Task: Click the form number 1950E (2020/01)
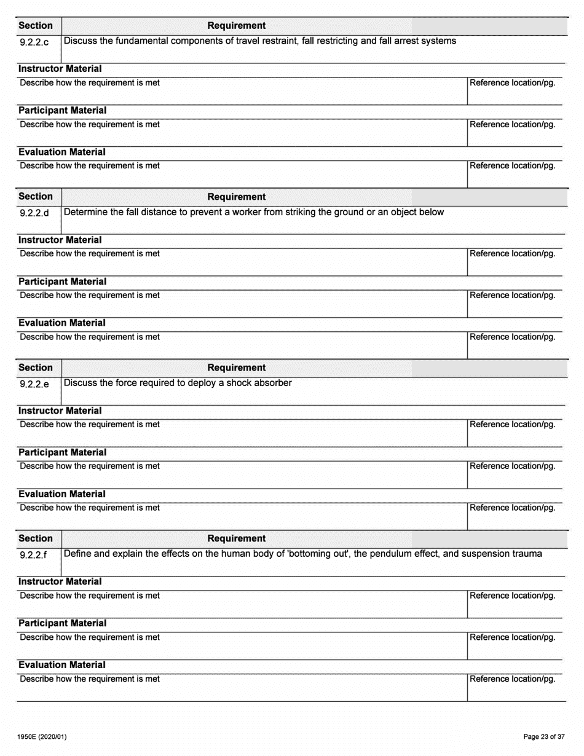coord(42,736)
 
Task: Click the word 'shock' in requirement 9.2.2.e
coord(243,383)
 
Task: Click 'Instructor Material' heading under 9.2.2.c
coord(60,69)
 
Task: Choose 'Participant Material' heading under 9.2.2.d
coord(62,282)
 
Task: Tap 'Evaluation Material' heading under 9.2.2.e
coord(61,494)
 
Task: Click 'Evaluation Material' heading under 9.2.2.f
coord(61,665)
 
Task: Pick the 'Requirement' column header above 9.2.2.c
coord(237,26)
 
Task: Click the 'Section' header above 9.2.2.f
coord(36,538)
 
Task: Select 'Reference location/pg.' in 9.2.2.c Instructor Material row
coord(513,83)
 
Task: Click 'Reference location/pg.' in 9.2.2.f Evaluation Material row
coord(513,679)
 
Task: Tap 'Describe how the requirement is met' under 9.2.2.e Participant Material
coord(90,466)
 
